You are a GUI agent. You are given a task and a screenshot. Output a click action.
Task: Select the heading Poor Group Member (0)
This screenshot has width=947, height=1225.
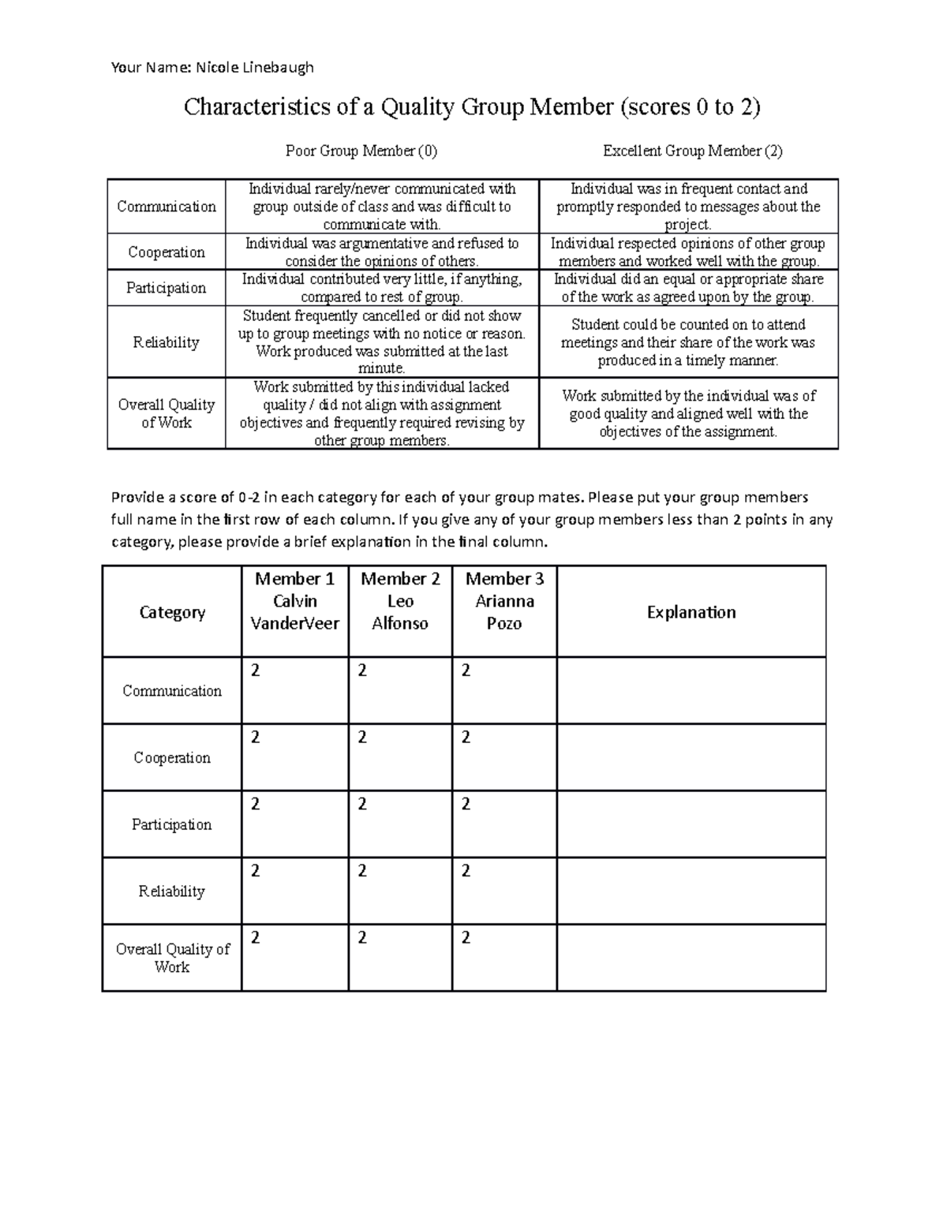(361, 151)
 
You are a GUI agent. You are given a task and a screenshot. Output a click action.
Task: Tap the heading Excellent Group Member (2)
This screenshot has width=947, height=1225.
(692, 151)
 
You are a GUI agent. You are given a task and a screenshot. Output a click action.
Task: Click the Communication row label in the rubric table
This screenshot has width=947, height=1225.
(166, 207)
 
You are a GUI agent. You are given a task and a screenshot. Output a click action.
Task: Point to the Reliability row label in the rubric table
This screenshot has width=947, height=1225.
(166, 342)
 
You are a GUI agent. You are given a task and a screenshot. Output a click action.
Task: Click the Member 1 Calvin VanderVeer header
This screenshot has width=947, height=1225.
(294, 601)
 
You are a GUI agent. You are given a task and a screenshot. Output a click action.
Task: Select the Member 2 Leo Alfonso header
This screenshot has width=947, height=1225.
(400, 601)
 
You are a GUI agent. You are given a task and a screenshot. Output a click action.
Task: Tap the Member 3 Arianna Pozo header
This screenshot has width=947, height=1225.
(504, 601)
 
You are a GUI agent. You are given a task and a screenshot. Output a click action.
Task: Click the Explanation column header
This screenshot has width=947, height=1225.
(691, 612)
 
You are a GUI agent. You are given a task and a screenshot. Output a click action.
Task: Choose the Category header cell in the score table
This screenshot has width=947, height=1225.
(172, 612)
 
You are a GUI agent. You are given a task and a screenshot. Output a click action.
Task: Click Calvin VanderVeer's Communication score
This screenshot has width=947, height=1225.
(255, 670)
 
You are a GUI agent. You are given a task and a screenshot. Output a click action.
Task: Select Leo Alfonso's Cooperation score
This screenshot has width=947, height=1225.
(362, 738)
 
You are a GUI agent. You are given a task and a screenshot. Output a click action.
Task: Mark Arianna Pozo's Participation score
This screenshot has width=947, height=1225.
(466, 805)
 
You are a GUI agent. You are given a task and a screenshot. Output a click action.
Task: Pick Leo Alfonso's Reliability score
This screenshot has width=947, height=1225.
(362, 871)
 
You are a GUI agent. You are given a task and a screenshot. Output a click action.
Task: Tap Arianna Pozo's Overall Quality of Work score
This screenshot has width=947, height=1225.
(466, 938)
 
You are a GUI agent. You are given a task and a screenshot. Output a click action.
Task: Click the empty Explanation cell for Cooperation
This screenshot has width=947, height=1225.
(691, 757)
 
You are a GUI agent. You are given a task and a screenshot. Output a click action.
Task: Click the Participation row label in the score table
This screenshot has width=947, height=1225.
(171, 824)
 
